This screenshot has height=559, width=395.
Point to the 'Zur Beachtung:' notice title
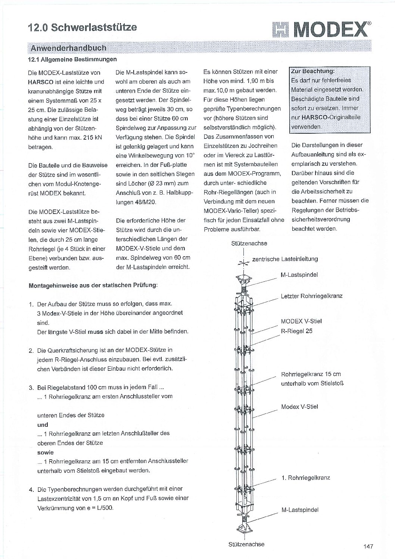tap(312, 71)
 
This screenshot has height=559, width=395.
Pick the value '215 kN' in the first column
tap(93, 137)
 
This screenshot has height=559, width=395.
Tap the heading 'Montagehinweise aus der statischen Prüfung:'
tap(93, 285)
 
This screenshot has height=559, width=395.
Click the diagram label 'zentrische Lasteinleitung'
tap(285, 259)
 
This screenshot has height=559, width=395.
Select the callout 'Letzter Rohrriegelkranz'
tap(311, 296)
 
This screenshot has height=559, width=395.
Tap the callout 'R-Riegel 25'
tap(296, 331)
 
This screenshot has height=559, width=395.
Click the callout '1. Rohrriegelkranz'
tap(306, 478)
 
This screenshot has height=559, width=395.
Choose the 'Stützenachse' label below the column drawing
tap(246, 544)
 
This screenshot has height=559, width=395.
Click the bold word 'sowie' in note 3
tap(45, 452)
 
